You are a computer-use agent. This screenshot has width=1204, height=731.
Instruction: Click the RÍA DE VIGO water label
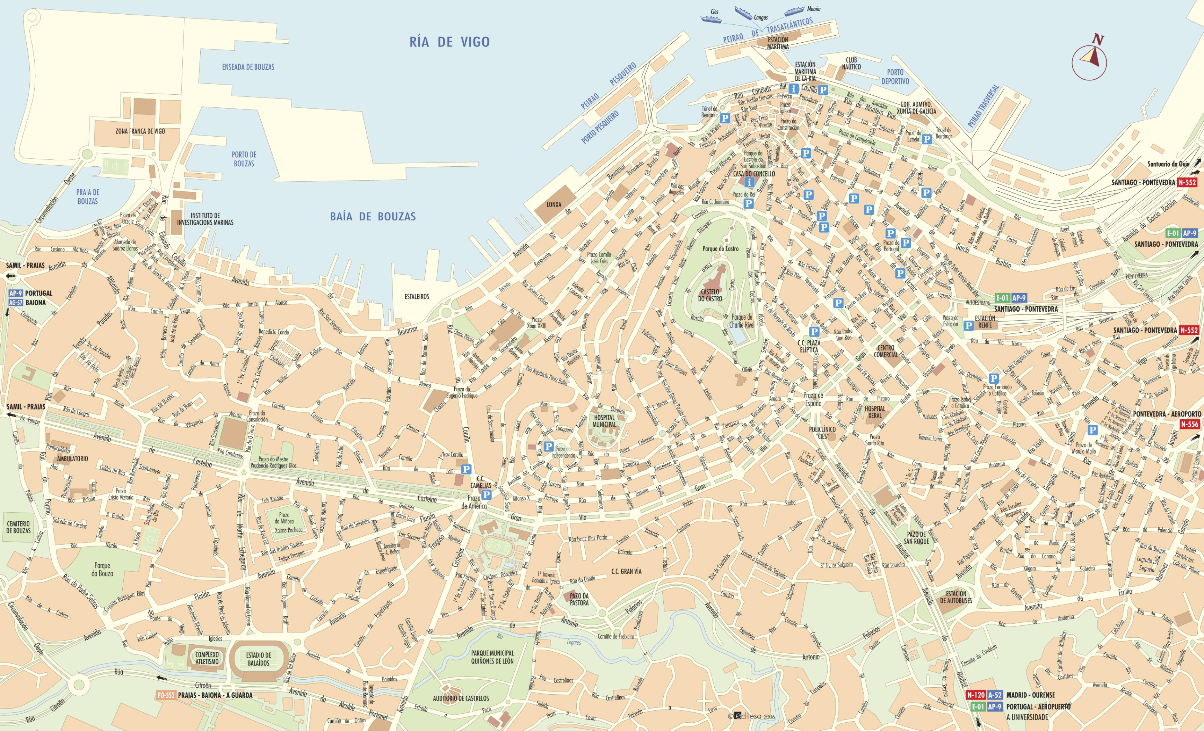click(449, 42)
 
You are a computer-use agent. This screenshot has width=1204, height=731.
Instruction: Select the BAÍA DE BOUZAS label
click(373, 216)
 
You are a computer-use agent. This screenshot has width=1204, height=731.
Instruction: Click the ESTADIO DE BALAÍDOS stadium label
click(259, 659)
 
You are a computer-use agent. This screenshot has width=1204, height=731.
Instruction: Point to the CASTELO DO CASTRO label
click(709, 295)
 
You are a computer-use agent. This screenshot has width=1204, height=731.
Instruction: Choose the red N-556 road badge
click(1189, 424)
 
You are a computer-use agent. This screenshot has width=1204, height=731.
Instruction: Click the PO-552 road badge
click(166, 695)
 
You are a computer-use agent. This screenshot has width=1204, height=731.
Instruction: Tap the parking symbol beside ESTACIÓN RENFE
click(968, 325)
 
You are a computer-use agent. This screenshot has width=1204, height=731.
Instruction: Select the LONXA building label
click(554, 205)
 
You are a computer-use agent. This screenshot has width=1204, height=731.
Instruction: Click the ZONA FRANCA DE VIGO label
click(140, 131)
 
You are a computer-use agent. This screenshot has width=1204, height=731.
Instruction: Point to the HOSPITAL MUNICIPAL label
click(604, 421)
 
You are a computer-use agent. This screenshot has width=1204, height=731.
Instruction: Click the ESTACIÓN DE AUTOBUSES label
click(956, 597)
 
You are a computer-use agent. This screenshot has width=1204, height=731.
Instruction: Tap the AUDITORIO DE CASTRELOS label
click(460, 698)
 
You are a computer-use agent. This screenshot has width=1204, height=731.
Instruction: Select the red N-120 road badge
click(976, 695)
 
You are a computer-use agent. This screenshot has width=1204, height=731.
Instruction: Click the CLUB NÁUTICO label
click(851, 64)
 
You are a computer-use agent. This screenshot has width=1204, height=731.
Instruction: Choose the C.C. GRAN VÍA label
click(626, 571)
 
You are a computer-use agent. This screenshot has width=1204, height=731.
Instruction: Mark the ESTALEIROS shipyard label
click(417, 297)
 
